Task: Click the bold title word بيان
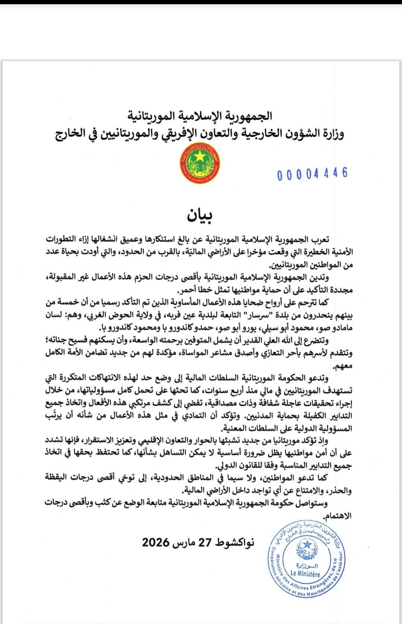[200, 216]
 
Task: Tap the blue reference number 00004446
[312, 174]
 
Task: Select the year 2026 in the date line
[156, 542]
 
